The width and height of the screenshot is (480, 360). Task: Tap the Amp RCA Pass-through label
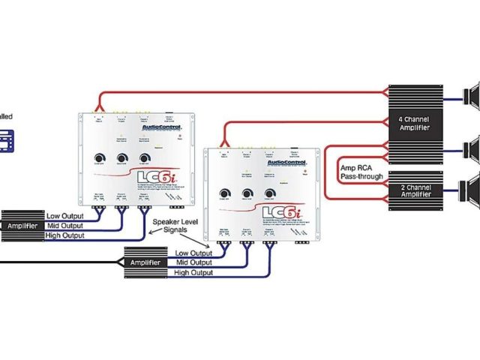(361, 172)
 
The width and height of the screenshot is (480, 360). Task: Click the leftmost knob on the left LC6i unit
(98, 159)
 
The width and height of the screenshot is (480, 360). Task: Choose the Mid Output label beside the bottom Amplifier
(193, 262)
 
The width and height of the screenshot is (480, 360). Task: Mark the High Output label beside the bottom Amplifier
(193, 273)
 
